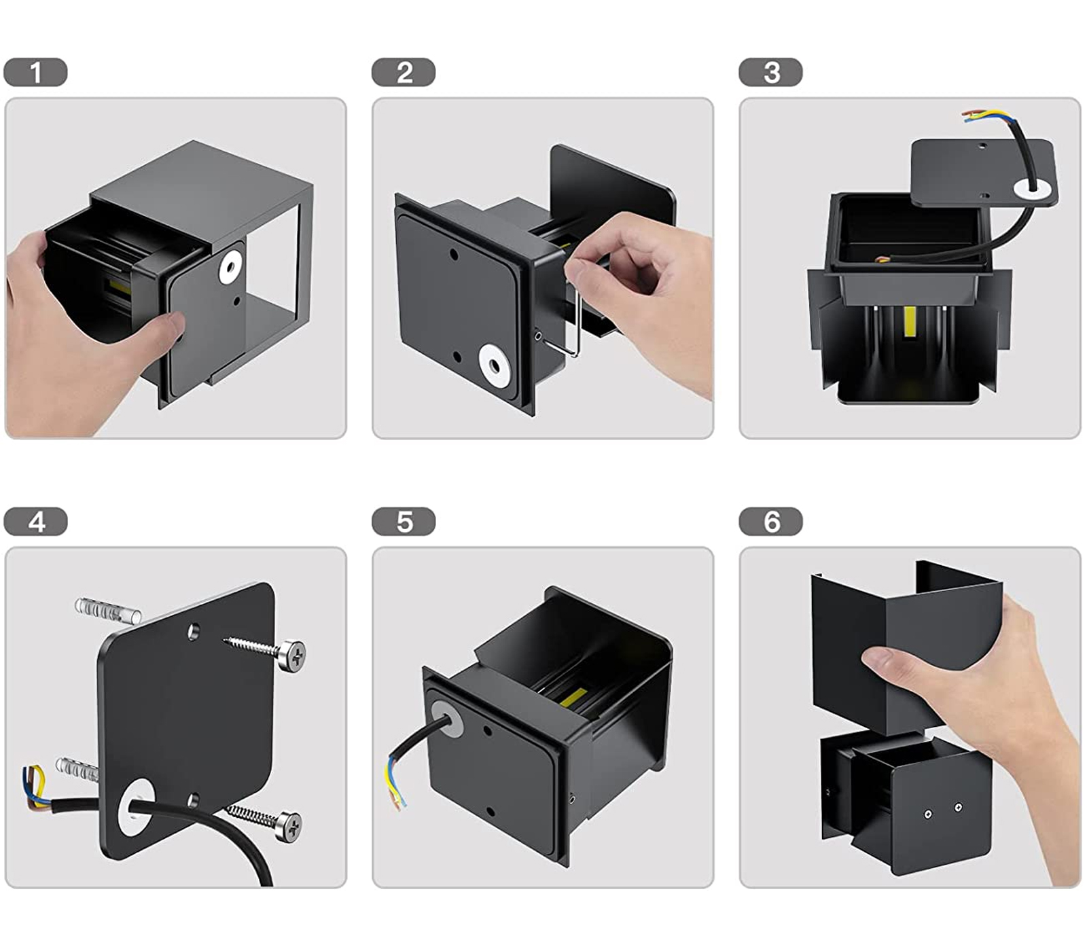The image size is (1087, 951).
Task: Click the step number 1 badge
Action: click(x=35, y=73)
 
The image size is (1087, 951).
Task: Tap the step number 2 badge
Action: click(x=404, y=73)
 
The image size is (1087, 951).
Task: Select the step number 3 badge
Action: click(x=770, y=73)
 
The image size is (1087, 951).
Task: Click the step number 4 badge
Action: click(x=35, y=522)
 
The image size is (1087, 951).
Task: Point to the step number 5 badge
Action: click(x=404, y=522)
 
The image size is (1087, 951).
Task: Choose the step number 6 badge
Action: click(x=770, y=522)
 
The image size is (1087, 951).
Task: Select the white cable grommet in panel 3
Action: click(x=1033, y=189)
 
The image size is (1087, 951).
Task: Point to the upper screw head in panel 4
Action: click(x=293, y=655)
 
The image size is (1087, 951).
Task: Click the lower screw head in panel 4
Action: click(x=291, y=826)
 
